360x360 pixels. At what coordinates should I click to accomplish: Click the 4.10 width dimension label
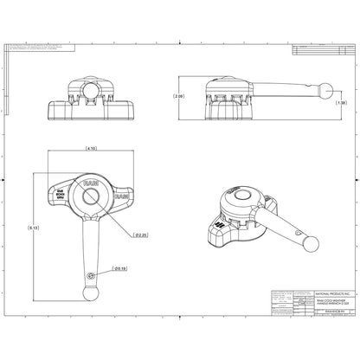(90, 150)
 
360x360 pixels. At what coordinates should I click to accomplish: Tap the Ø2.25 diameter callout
(140, 235)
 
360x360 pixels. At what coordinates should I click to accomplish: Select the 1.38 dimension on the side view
(342, 103)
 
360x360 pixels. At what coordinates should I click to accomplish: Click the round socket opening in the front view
(90, 89)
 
